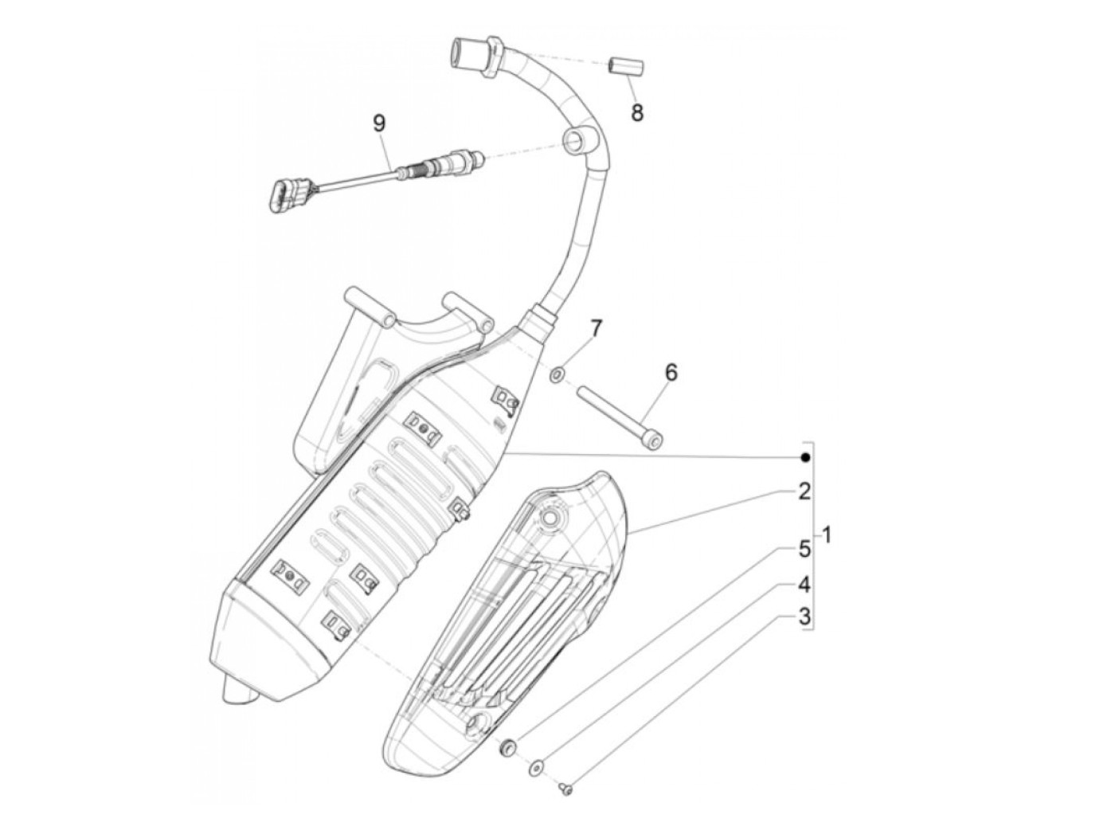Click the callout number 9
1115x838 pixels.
tap(379, 123)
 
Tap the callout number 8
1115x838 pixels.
tap(636, 112)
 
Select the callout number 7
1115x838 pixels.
tap(596, 328)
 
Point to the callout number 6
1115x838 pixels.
tap(671, 372)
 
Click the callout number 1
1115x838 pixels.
tap(827, 535)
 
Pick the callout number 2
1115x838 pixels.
tap(804, 491)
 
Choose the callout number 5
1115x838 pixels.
tap(804, 548)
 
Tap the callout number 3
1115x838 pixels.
tap(804, 616)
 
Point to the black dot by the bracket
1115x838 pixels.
tap(806, 457)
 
